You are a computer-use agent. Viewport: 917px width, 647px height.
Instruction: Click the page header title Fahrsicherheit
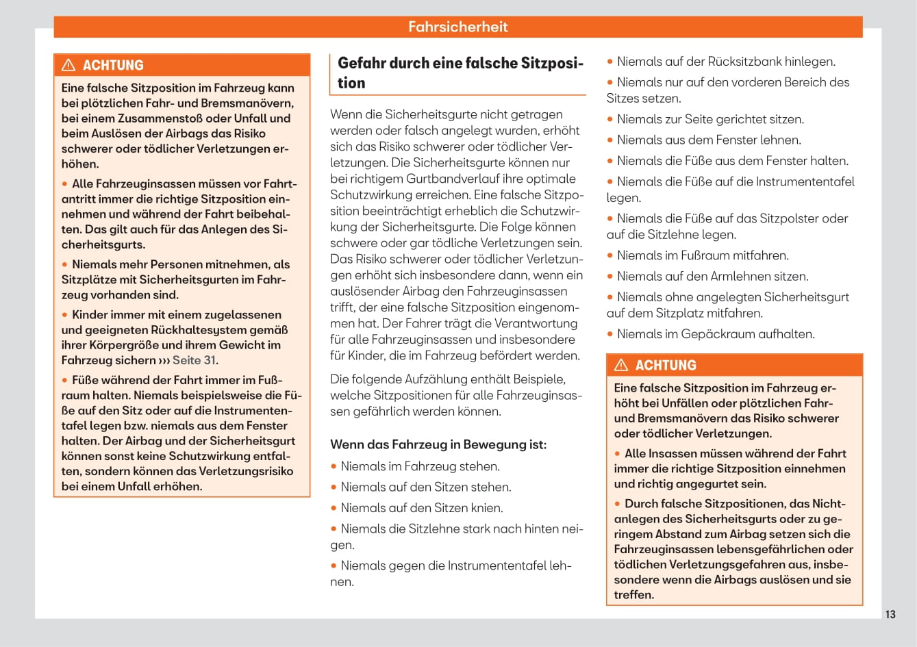point(457,27)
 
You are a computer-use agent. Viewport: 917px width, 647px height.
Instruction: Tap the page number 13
point(890,614)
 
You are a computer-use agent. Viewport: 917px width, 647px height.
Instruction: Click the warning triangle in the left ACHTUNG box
point(68,65)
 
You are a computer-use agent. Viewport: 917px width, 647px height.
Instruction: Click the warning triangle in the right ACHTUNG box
point(621,365)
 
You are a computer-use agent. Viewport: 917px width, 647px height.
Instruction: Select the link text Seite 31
point(194,360)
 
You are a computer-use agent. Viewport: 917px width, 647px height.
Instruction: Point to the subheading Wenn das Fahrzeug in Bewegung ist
point(438,444)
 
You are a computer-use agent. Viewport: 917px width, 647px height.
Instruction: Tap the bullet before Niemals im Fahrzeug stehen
point(334,467)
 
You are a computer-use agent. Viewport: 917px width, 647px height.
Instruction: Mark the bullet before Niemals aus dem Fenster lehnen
point(610,140)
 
